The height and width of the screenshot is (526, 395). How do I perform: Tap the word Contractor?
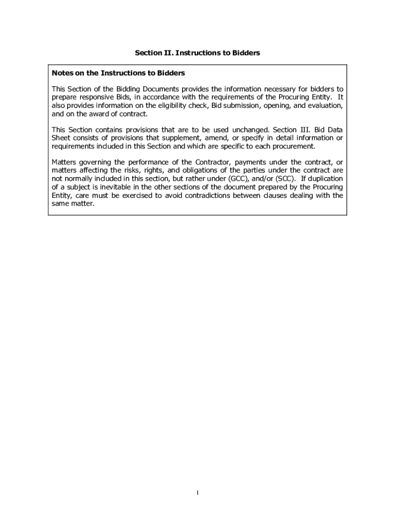pos(211,163)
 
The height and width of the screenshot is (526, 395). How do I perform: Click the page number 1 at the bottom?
pos(197,493)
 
